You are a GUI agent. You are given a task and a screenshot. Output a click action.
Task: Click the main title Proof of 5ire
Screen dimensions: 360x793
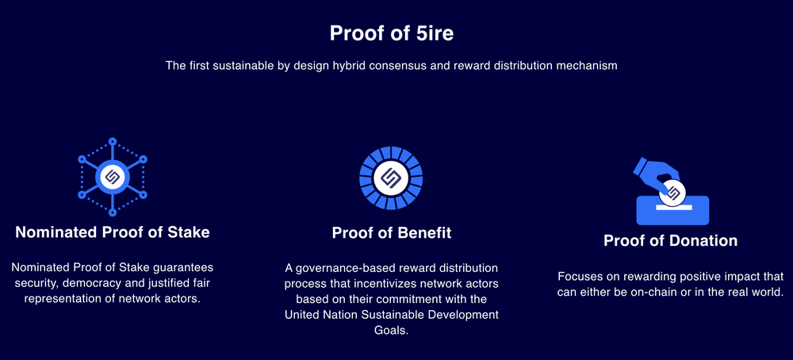(391, 33)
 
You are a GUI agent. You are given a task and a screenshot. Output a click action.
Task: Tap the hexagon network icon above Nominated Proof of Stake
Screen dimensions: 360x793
(112, 176)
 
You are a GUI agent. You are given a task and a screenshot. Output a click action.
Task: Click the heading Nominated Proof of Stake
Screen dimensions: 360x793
(113, 232)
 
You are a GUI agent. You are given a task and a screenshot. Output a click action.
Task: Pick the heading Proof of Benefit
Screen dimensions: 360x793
(391, 232)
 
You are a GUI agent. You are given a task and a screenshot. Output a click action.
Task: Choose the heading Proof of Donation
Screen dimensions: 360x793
(670, 240)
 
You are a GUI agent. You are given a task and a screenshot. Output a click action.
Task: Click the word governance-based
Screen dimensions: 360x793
(343, 268)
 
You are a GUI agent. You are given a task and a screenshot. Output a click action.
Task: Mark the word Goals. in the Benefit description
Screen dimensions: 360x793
(391, 331)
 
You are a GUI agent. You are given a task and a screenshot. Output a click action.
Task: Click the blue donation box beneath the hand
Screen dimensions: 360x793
(672, 212)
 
